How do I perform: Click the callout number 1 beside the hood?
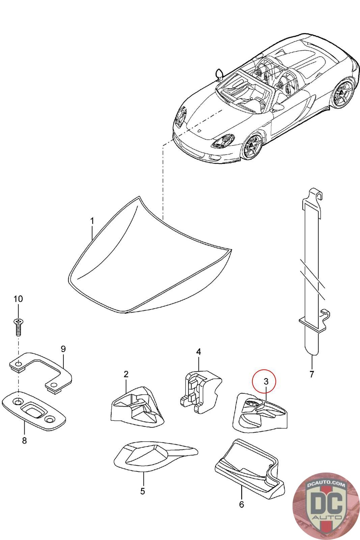[x=92, y=221]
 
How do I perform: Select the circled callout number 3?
[x=266, y=381]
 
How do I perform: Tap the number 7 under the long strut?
[x=311, y=374]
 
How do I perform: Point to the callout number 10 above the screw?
[x=18, y=299]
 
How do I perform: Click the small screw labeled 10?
[x=18, y=326]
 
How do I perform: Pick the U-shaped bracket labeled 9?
[x=40, y=372]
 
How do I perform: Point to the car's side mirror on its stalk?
[x=219, y=74]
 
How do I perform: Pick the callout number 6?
[x=241, y=504]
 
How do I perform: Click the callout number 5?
[x=142, y=491]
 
